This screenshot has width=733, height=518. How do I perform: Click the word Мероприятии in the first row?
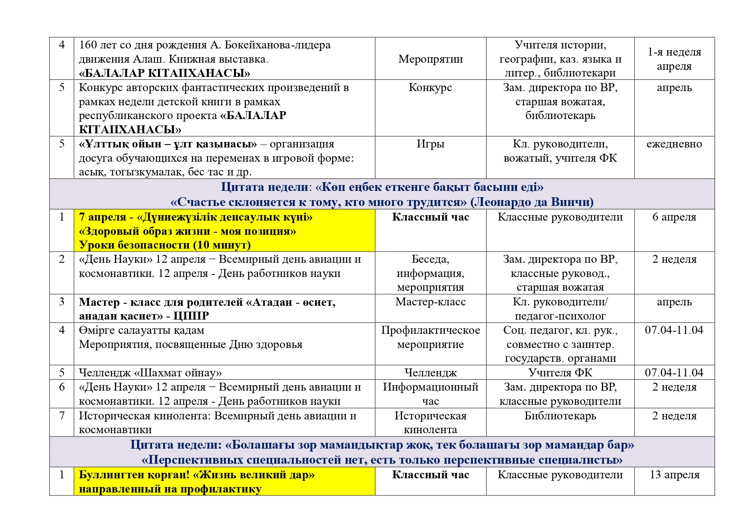[430, 59]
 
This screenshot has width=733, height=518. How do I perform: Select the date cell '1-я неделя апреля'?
[674, 59]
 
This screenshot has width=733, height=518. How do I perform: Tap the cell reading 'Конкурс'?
[430, 88]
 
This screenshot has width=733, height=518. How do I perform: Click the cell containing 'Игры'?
[430, 144]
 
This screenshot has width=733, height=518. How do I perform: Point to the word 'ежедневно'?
[674, 144]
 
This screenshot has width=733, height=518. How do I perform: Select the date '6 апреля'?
[674, 217]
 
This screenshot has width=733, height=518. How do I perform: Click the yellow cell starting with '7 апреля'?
[224, 231]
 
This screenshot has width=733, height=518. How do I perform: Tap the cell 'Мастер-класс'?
[430, 302]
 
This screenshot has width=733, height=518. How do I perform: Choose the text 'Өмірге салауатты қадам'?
[142, 330]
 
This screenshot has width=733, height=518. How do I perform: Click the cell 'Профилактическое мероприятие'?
[430, 338]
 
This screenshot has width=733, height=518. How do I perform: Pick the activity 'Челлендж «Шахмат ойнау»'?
[150, 373]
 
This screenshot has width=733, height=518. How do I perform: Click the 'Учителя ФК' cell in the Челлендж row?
[560, 373]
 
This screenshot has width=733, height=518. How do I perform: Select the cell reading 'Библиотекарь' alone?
[560, 416]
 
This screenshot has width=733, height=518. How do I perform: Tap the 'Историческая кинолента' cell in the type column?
[430, 423]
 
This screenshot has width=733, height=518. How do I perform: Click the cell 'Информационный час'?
[430, 394]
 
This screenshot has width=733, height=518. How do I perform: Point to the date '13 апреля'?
[674, 475]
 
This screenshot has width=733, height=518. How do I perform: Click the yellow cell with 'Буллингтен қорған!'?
[224, 482]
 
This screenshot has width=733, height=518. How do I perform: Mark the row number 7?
[62, 416]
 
